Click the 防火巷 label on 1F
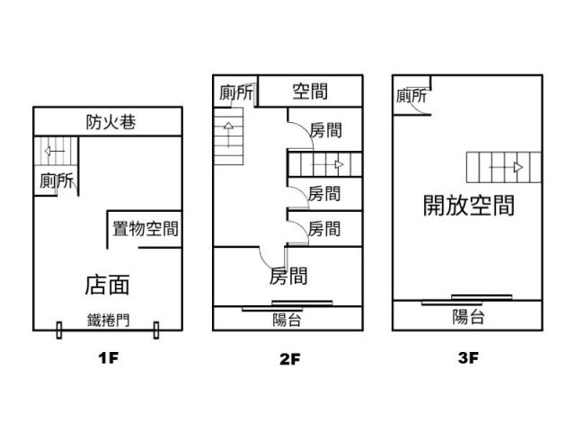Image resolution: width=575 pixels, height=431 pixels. (x=111, y=122)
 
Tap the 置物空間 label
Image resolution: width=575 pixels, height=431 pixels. (x=146, y=229)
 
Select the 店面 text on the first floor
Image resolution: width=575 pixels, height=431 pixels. (x=107, y=285)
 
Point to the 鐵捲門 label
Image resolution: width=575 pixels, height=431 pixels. (x=108, y=320)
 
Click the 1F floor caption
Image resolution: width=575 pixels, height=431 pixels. (x=108, y=357)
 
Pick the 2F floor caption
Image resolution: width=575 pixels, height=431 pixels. (x=289, y=359)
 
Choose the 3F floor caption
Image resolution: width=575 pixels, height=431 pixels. (x=468, y=357)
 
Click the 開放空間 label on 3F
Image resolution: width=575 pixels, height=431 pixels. (x=469, y=206)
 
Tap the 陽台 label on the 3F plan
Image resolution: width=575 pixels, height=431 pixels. (x=468, y=317)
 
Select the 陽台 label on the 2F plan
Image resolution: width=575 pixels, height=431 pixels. (x=287, y=320)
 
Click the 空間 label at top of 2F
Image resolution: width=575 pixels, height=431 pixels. (x=310, y=92)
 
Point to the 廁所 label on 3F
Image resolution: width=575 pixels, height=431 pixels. (x=411, y=96)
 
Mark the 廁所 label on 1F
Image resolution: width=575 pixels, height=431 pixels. (x=57, y=180)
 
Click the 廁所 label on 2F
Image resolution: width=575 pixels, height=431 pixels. (x=236, y=92)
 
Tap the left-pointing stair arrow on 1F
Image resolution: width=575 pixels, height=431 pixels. (x=55, y=151)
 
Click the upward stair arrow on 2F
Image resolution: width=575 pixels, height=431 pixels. (x=228, y=135)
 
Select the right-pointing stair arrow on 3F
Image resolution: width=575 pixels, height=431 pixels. (x=506, y=168)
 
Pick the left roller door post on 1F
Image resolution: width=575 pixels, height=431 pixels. (x=59, y=330)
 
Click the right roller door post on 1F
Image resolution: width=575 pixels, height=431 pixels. (x=156, y=330)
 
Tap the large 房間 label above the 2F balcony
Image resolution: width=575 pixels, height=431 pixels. (x=288, y=276)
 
